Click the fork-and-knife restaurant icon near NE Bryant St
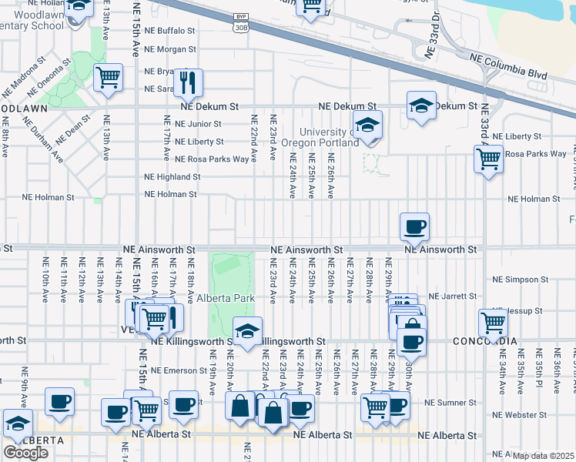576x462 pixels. (x=188, y=81)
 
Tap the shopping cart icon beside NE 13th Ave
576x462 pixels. (x=108, y=77)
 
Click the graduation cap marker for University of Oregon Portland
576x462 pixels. (x=368, y=125)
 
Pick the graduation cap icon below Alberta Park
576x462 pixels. (x=247, y=331)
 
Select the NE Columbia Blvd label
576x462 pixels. (x=505, y=56)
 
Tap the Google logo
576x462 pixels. (x=25, y=452)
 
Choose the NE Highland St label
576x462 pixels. (x=172, y=176)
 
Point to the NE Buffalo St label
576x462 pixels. (x=169, y=31)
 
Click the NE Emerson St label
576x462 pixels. (x=178, y=370)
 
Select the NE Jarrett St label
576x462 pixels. (x=454, y=296)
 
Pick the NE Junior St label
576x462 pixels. (x=198, y=123)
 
